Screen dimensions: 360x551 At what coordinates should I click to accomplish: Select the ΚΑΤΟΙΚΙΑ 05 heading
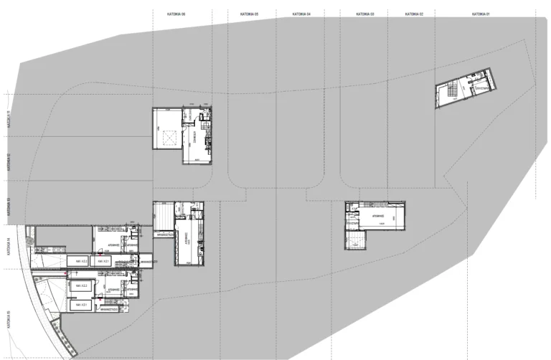[x=248, y=14]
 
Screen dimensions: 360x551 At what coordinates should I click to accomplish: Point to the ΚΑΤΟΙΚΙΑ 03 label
[x=366, y=14]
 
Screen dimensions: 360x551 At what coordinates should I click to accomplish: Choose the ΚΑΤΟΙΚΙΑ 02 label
[x=415, y=14]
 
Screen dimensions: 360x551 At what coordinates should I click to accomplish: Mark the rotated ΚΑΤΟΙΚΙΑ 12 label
[x=8, y=164]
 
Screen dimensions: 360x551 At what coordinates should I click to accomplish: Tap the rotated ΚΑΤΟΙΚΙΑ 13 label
[x=8, y=207]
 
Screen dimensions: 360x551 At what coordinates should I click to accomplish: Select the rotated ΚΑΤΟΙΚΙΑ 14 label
[x=8, y=247]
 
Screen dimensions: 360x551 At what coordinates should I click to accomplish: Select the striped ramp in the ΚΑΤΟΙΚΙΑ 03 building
[x=356, y=239]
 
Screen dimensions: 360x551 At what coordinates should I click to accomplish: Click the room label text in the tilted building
[x=480, y=86]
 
